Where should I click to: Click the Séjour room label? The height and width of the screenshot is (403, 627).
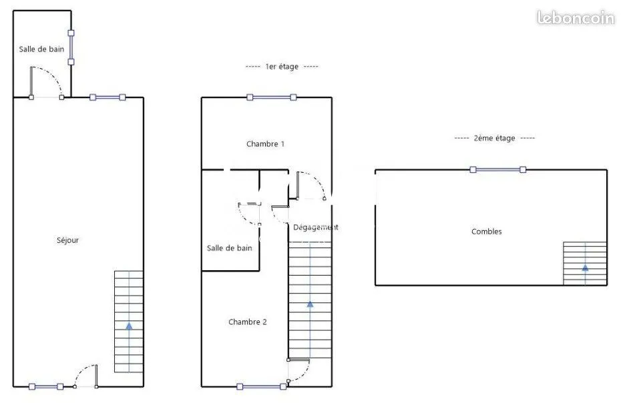click(x=67, y=240)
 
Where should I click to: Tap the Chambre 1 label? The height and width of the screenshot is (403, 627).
click(x=265, y=144)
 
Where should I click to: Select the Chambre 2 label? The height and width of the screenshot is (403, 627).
click(x=248, y=322)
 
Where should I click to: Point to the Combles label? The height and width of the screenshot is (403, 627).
click(x=486, y=232)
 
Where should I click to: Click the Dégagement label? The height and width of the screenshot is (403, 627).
click(x=315, y=228)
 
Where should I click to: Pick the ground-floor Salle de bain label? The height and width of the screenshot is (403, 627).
click(x=41, y=49)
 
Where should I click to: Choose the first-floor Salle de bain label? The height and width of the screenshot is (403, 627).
click(x=230, y=248)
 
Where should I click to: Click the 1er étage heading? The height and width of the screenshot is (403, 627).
click(x=282, y=67)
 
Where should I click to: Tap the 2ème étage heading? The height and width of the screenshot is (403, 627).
click(x=494, y=138)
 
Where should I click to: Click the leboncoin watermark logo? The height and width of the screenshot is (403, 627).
click(x=576, y=17)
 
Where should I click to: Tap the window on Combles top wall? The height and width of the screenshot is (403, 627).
click(x=498, y=169)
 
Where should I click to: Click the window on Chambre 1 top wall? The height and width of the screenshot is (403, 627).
click(x=272, y=97)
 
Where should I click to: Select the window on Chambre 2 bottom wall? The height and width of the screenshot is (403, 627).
click(x=262, y=386)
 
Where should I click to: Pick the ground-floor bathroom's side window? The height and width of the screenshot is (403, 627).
click(x=71, y=47)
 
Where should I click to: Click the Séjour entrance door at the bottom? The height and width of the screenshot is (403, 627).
click(x=85, y=376)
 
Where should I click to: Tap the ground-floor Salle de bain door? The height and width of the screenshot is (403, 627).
click(x=46, y=82)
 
